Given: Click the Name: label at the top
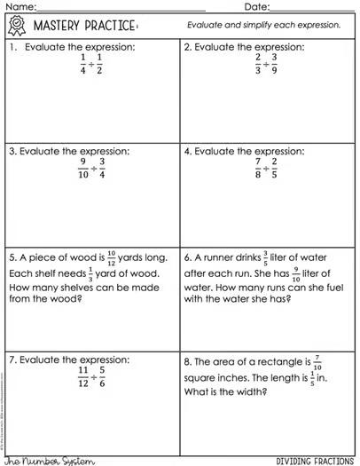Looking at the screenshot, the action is pyautogui.click(x=19, y=6).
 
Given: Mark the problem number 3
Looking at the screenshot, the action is pyautogui.click(x=12, y=151).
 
